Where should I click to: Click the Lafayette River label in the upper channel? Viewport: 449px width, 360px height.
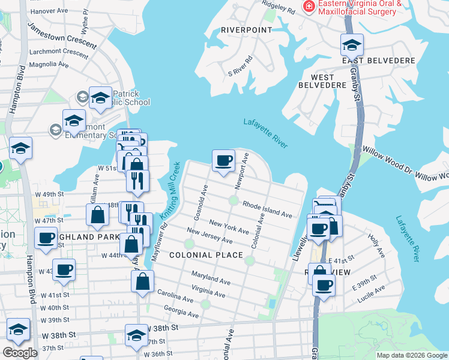tap(266, 133)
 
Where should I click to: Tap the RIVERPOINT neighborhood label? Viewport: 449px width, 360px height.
tap(246, 29)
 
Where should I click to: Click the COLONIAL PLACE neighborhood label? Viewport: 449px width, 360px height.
tap(206, 255)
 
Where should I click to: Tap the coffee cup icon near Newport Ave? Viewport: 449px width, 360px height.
tap(223, 160)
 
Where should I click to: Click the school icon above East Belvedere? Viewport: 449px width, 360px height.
tap(352, 44)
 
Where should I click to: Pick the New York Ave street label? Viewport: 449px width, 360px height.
tap(229, 227)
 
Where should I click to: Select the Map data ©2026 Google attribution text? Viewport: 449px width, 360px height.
tap(411, 355)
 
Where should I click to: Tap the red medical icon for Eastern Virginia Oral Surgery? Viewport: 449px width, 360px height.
tap(309, 7)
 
